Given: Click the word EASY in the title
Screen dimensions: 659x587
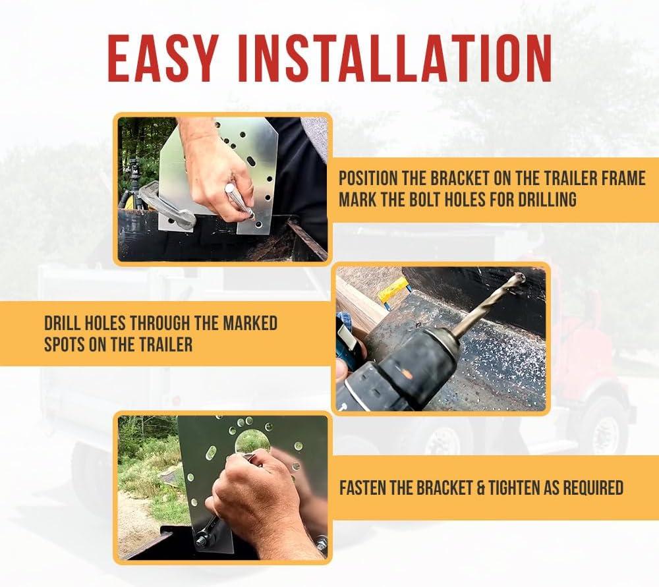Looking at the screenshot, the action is [163, 58].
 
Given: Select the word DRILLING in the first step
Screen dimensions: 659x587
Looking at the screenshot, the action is [547, 199].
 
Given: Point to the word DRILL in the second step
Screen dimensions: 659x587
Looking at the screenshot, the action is [63, 323].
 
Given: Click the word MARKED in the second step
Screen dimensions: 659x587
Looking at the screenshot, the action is [250, 323].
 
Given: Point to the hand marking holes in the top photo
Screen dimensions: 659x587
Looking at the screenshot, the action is [219, 168].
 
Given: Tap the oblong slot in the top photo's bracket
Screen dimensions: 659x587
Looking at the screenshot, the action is [250, 162].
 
